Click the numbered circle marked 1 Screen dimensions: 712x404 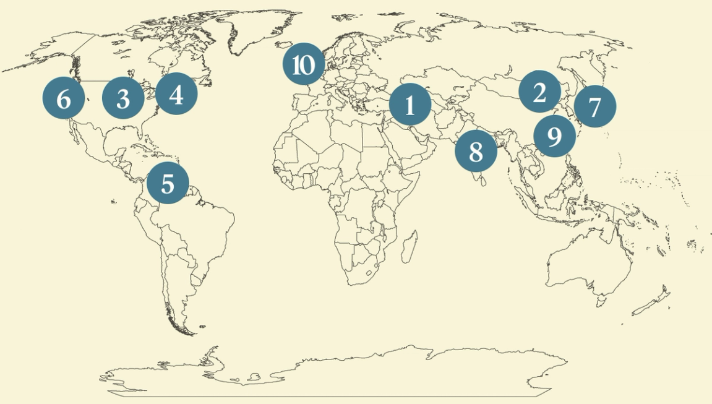[410, 106]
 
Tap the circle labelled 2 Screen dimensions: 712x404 [539, 92]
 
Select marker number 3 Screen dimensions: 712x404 [123, 98]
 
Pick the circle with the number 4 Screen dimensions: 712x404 [176, 95]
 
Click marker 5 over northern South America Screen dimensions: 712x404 [168, 183]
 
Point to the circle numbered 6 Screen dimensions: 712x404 [64, 98]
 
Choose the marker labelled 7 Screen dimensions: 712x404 [595, 106]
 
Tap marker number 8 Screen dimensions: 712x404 [476, 150]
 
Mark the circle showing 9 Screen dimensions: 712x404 [554, 136]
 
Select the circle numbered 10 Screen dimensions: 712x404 [304, 64]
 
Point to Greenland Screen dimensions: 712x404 [260, 31]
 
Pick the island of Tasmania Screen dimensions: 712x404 [599, 301]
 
